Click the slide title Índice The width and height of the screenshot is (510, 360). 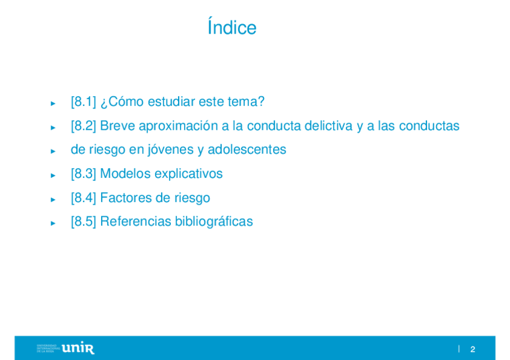pos(232,26)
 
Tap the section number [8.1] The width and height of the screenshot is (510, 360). pos(84,102)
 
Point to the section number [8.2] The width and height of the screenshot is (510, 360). pos(84,126)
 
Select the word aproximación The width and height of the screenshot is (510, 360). pos(178,126)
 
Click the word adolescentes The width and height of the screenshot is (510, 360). pos(247,150)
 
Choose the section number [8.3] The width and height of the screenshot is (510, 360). pos(84,174)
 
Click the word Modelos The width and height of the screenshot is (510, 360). pos(125,174)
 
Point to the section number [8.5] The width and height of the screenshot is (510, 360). pos(84,222)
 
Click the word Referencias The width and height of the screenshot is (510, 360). pos(136,222)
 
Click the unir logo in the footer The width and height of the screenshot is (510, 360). pos(78,348)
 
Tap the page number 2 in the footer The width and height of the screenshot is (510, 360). pos(473,349)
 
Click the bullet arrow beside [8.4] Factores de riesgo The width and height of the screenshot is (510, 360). pos(53,200)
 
